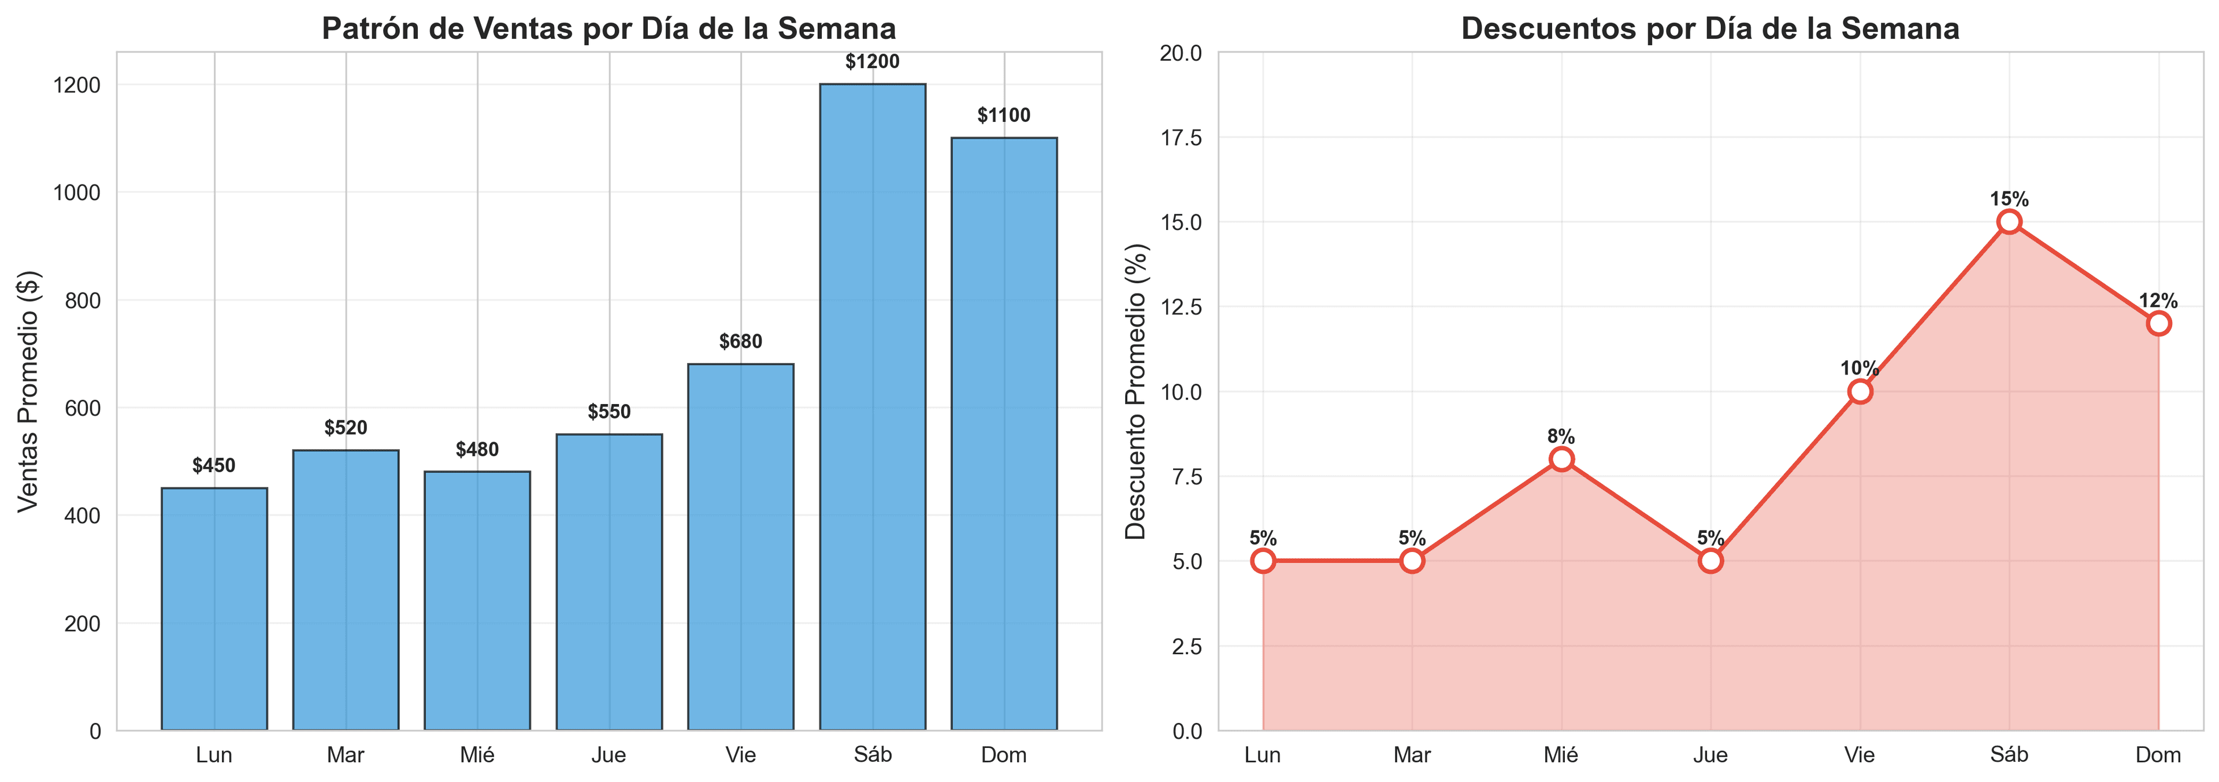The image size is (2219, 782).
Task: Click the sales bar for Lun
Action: (214, 609)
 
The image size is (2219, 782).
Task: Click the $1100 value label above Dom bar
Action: (1004, 116)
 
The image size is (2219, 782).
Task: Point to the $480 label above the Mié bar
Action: (477, 450)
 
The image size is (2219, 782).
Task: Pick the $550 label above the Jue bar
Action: (609, 412)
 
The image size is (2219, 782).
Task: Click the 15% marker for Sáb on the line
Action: (2009, 222)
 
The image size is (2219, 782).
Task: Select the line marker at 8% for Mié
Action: (1561, 459)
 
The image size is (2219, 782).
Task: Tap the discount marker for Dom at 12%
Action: (2158, 324)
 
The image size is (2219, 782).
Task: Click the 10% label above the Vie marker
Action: (1859, 369)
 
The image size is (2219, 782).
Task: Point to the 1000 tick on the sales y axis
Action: (77, 193)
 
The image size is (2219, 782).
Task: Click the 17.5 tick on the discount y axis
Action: (1181, 138)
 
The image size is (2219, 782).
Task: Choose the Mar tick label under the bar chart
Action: (346, 755)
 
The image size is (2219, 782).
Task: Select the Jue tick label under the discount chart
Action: (1710, 755)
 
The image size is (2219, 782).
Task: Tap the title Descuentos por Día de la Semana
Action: (1710, 28)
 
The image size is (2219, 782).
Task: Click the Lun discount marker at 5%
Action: (1263, 561)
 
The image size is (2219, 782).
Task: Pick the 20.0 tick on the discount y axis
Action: (1181, 53)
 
